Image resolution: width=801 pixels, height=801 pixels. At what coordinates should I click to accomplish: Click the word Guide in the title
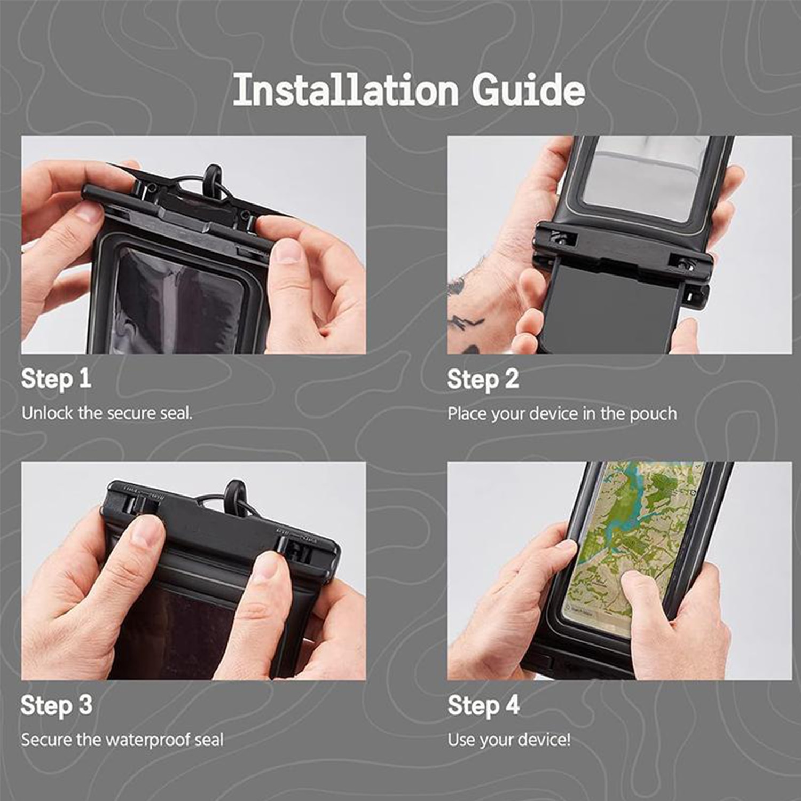pos(528,89)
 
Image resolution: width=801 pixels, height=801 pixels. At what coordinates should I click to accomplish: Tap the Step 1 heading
pos(56,379)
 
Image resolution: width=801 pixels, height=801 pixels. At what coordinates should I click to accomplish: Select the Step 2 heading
pos(483,379)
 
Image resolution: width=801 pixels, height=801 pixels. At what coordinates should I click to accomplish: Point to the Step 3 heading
pos(57,705)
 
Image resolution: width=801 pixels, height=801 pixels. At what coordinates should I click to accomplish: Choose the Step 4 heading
pos(483,705)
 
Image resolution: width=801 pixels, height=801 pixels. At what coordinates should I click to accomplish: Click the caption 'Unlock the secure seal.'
pos(107,413)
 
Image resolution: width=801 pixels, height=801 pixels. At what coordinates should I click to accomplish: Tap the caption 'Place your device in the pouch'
pos(562,414)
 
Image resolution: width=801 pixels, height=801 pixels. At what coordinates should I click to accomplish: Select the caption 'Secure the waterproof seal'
pos(122,740)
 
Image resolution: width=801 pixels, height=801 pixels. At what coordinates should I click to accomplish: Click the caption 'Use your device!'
pos(509,740)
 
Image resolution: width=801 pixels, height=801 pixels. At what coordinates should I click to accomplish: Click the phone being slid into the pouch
pos(609,310)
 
